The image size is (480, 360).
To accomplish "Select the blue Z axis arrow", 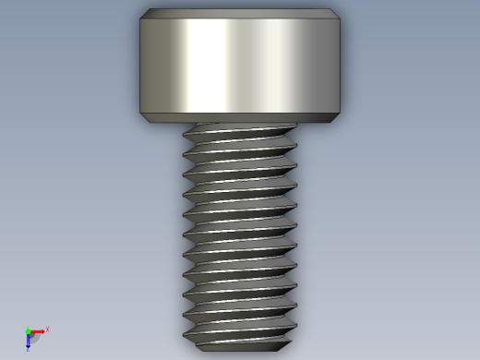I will click(29, 339).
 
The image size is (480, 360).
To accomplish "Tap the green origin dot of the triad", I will click(29, 331).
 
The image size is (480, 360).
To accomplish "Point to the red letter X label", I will click(47, 329).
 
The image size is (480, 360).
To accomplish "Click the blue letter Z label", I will click(29, 350).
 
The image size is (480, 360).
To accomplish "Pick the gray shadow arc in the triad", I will click(34, 337).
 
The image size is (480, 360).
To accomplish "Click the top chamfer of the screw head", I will click(240, 14).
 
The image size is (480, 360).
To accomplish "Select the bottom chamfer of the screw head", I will click(240, 117).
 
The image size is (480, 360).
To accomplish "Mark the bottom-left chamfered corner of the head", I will click(143, 116).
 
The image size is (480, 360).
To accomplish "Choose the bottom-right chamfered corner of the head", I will click(338, 116).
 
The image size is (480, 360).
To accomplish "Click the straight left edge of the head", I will click(140, 65).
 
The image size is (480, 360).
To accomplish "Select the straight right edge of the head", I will click(341, 65).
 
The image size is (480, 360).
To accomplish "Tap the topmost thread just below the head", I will click(240, 131).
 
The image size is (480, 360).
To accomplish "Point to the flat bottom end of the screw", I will click(240, 347).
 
